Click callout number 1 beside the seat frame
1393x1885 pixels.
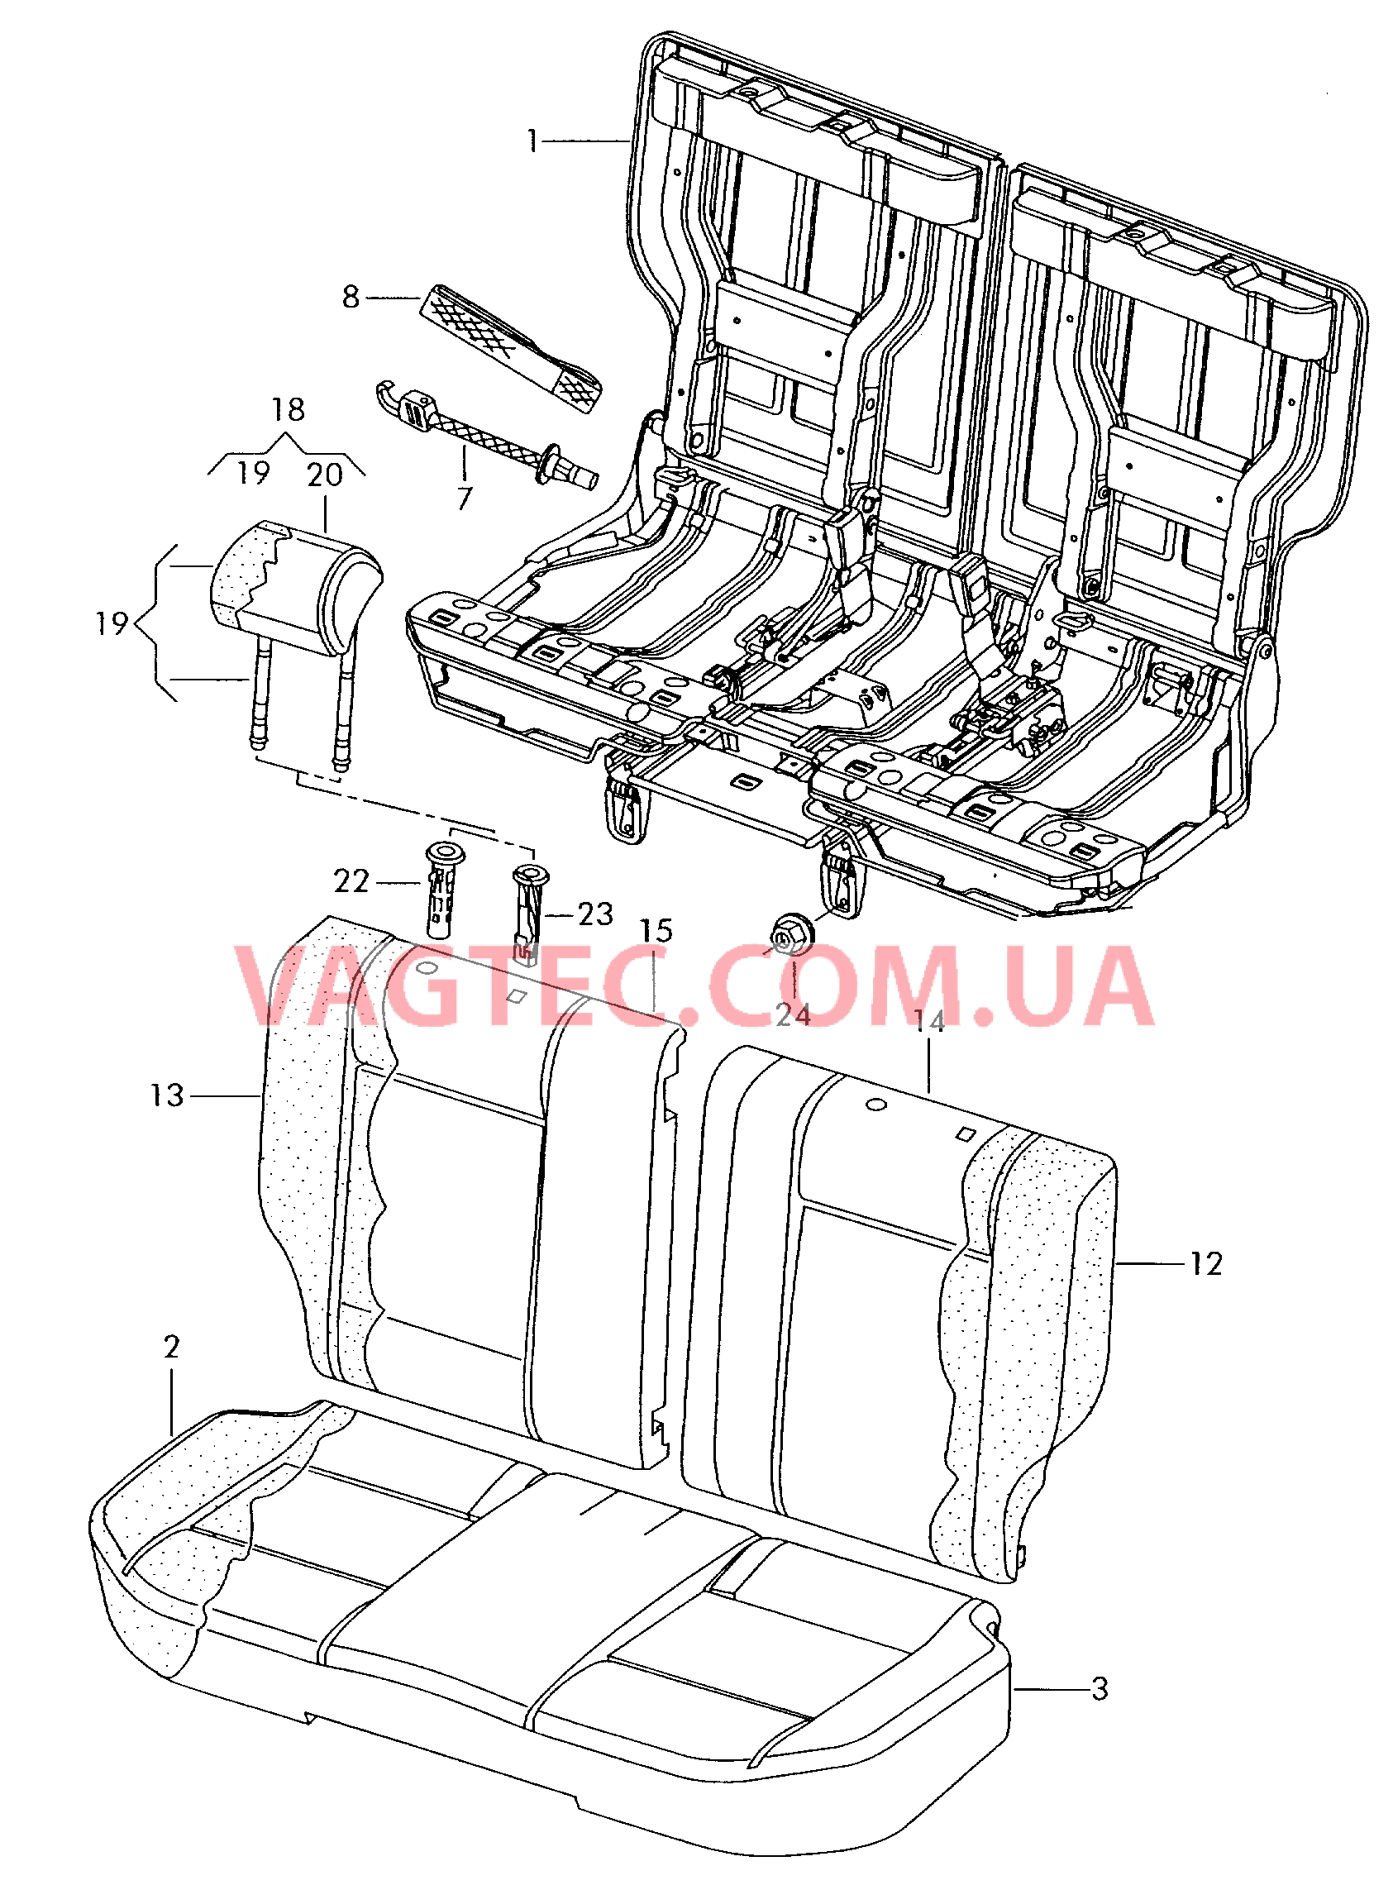(532, 141)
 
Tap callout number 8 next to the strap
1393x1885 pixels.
(351, 297)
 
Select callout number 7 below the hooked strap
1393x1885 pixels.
(465, 499)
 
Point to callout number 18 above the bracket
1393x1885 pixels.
(288, 410)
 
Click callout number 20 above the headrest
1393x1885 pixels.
(325, 475)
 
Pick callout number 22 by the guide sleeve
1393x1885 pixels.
(351, 882)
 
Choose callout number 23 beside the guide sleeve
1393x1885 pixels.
(595, 914)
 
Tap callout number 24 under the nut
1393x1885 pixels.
(793, 1015)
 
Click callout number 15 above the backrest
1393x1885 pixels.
(656, 931)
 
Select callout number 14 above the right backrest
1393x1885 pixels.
(929, 1022)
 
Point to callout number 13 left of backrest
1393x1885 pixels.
(167, 1096)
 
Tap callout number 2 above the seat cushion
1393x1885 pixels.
(172, 1347)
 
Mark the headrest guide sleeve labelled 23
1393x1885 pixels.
(527, 910)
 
